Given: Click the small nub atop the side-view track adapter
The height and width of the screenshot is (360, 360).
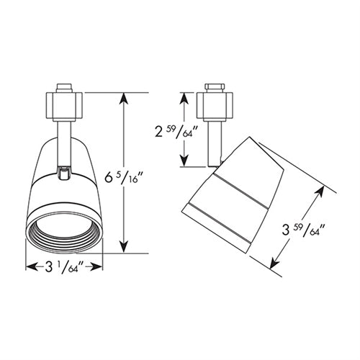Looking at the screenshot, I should pyautogui.click(x=214, y=88).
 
